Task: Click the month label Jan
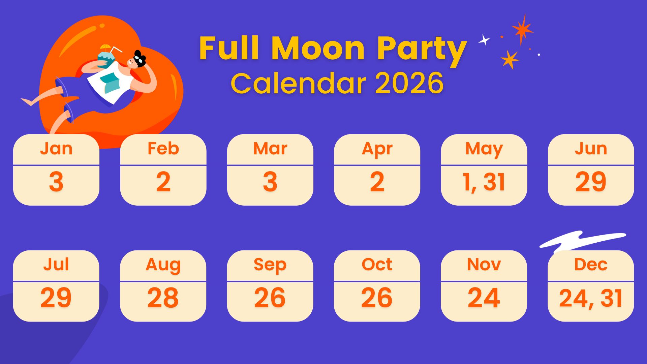(x=56, y=149)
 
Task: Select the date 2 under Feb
(x=163, y=182)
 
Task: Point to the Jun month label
(x=591, y=149)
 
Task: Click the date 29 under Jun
(x=591, y=182)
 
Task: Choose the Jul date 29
(x=56, y=298)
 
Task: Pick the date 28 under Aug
(x=163, y=298)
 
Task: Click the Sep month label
(x=270, y=265)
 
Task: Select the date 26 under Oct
(x=377, y=298)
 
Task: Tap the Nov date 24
(x=484, y=298)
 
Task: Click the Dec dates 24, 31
(x=591, y=298)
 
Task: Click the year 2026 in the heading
(x=409, y=83)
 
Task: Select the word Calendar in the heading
(x=299, y=83)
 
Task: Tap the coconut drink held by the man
(x=106, y=59)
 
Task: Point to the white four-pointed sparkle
(x=484, y=40)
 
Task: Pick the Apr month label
(x=377, y=149)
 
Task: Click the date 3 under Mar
(x=270, y=182)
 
